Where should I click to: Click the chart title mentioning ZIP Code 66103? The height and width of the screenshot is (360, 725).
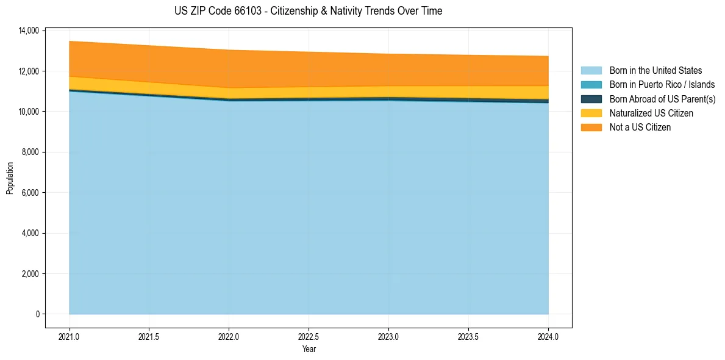click(308, 11)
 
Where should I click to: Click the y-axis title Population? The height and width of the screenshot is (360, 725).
click(10, 178)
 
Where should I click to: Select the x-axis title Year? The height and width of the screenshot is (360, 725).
click(309, 349)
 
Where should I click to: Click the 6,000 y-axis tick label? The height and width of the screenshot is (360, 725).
click(29, 193)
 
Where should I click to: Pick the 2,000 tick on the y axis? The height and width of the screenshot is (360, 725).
click(29, 274)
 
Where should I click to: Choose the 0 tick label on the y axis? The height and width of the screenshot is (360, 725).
click(37, 314)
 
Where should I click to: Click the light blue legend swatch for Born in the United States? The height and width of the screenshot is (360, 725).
click(591, 71)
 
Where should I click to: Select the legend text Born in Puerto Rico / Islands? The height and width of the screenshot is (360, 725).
click(662, 85)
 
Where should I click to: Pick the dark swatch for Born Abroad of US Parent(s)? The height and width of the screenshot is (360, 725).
click(591, 99)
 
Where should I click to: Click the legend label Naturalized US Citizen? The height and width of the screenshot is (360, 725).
click(651, 113)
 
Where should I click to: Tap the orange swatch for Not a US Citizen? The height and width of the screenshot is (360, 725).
click(591, 127)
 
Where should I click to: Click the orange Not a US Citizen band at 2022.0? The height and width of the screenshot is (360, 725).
click(229, 68)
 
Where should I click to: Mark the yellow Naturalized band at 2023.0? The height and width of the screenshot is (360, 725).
click(388, 92)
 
